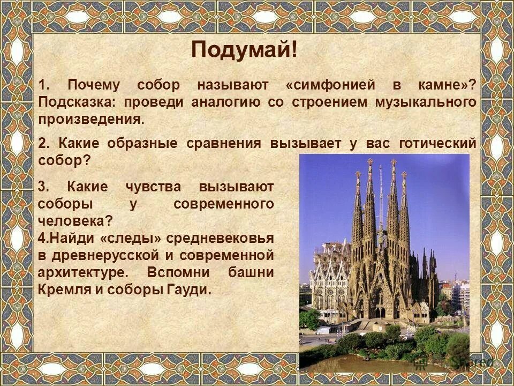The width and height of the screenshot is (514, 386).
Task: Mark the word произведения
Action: pyautogui.click(x=91, y=119)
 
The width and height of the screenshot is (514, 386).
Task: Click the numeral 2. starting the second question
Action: pyautogui.click(x=44, y=144)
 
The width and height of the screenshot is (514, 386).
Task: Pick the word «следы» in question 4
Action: pyautogui.click(x=131, y=237)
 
